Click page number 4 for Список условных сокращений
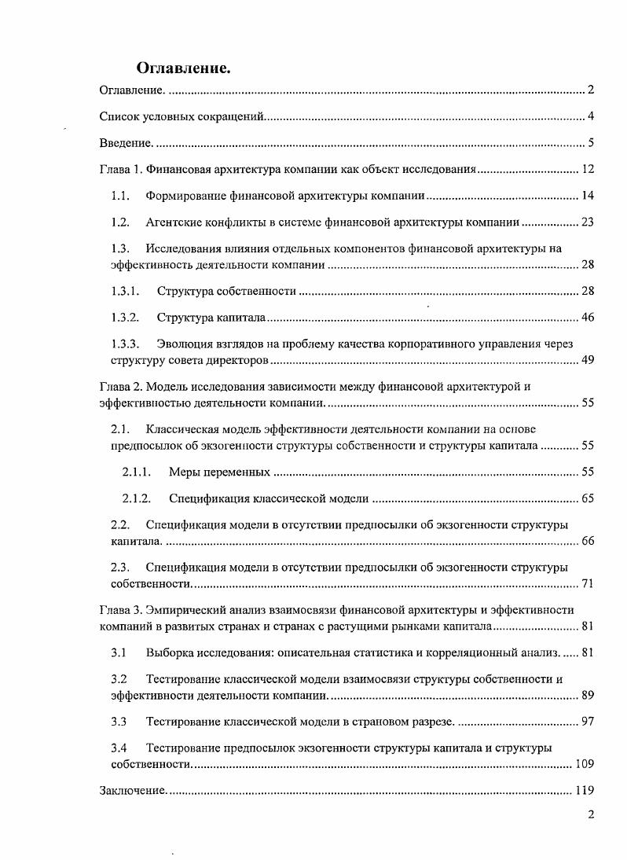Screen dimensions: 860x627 589,117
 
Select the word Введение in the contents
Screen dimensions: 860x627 124,142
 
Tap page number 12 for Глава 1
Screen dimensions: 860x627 587,169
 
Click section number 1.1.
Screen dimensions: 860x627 120,195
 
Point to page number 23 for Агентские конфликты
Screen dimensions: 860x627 587,222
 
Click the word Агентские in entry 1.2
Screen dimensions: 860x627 170,222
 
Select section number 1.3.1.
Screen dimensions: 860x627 125,291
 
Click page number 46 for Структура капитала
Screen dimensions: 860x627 587,318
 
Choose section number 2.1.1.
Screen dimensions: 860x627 136,472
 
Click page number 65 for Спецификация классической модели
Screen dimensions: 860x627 587,498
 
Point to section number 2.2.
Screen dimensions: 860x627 120,524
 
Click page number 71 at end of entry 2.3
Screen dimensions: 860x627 587,583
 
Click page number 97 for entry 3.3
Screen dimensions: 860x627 587,722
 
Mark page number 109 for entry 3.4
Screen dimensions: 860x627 584,764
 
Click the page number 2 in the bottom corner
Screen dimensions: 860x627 590,814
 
